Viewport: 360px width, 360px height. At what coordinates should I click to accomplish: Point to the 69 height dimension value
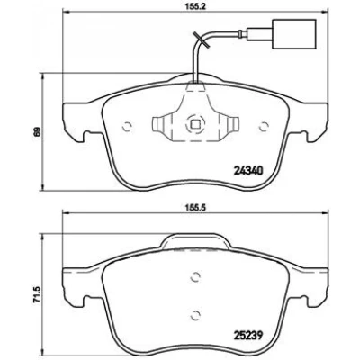coord(37,131)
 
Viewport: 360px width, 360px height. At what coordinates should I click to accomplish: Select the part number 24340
coord(247,171)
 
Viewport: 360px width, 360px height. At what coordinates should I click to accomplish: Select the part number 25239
coord(247,335)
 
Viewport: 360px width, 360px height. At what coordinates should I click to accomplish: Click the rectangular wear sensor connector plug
coord(294,34)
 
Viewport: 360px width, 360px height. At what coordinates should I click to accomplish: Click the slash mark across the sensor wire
coord(201,40)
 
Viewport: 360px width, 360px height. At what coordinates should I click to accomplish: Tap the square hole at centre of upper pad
coord(195,124)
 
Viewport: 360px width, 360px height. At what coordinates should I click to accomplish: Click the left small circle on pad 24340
coord(127,127)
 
